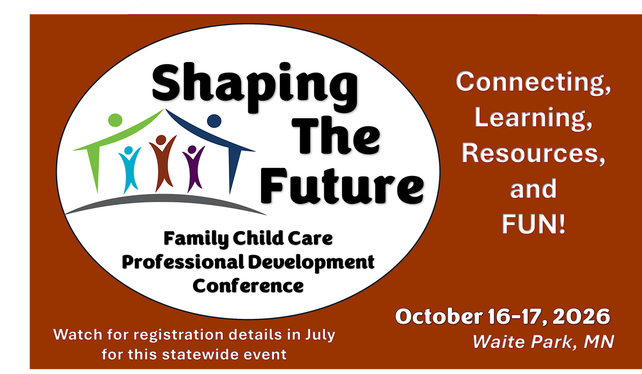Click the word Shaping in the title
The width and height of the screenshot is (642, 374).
[x=255, y=87]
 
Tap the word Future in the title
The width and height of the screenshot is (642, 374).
[x=342, y=186]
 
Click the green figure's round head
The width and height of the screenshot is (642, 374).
[x=115, y=120]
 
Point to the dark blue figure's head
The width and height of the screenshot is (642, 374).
[x=214, y=121]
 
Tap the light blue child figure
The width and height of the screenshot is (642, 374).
[x=129, y=170]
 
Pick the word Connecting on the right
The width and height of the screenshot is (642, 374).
[x=533, y=82]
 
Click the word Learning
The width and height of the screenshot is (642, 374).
[x=533, y=118]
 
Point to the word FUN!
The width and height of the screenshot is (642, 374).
[x=533, y=224]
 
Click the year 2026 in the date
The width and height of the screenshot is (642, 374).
[x=581, y=316]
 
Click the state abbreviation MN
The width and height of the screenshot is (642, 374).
[x=599, y=341]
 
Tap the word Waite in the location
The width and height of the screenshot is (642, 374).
[x=499, y=341]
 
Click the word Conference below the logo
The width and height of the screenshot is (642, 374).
[x=248, y=286]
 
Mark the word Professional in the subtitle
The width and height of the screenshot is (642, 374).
[x=183, y=262]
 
